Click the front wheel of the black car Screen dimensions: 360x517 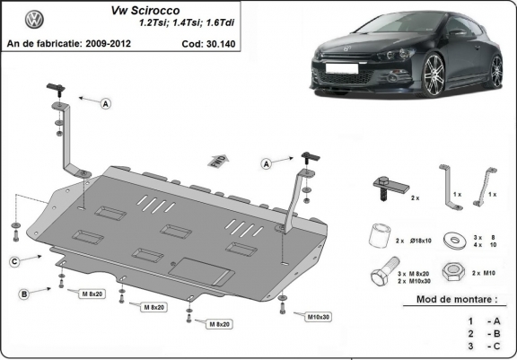[437, 70]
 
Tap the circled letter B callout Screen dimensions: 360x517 [25, 294]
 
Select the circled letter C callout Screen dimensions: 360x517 [15, 261]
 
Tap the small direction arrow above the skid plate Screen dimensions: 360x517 [216, 161]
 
